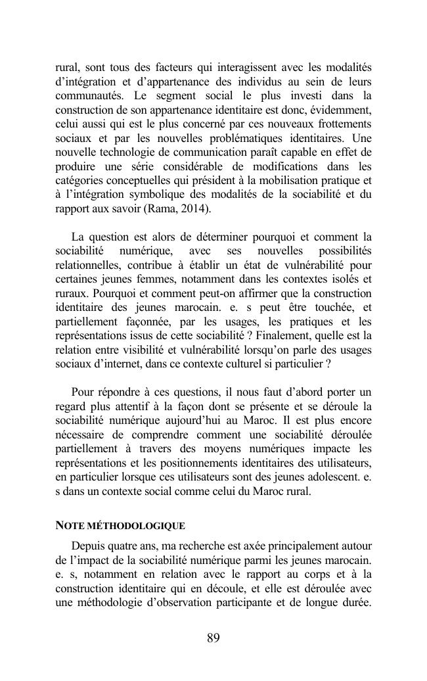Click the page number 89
(213, 638)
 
